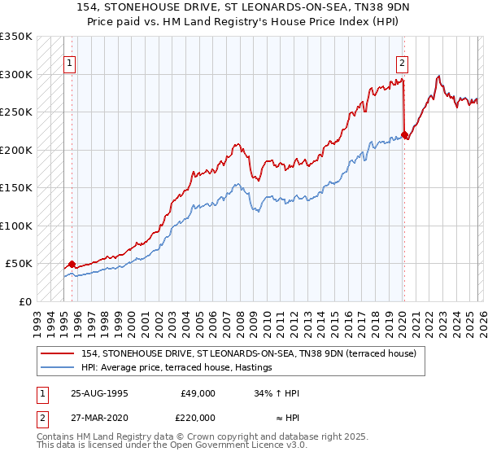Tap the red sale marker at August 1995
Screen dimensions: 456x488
click(72, 264)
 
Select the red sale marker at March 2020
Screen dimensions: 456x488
click(404, 134)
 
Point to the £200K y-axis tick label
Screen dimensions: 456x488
click(16, 150)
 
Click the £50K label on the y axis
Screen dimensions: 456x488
click(19, 264)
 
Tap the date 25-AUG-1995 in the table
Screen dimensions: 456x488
click(98, 393)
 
